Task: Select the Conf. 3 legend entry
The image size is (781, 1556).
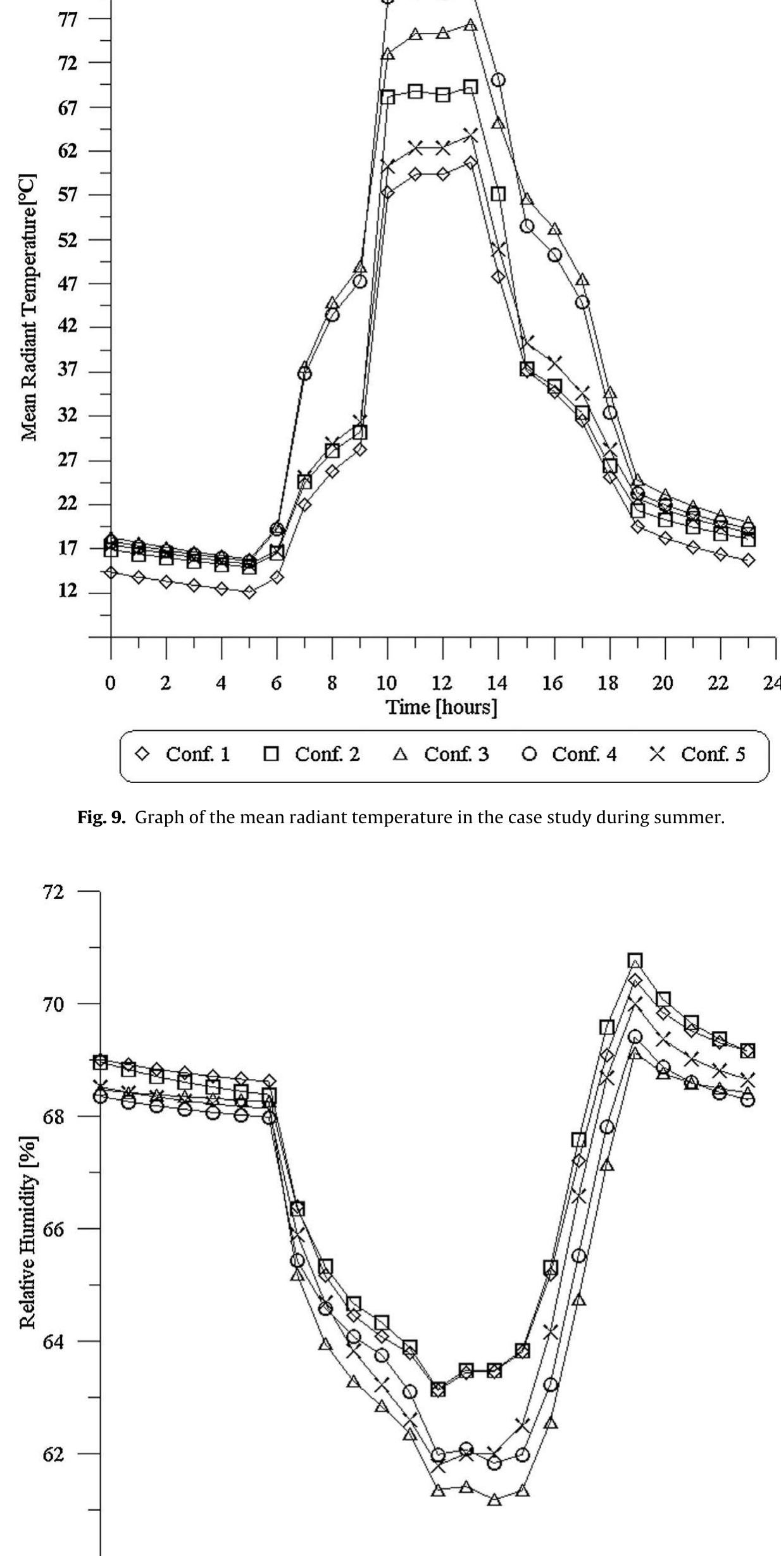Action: pos(443,754)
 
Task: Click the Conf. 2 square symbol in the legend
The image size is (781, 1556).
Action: pos(272,754)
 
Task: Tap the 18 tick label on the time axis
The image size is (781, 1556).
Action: pos(608,683)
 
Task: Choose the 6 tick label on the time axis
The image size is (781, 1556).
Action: pos(276,683)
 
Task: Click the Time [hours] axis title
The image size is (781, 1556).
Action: pos(442,707)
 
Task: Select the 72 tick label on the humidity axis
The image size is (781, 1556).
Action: pos(53,892)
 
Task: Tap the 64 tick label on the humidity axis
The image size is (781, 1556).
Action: pos(53,1341)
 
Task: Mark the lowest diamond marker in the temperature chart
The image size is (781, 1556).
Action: pos(249,592)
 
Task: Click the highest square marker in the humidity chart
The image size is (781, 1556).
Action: pos(635,961)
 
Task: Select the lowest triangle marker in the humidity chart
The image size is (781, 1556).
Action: pos(494,1500)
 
